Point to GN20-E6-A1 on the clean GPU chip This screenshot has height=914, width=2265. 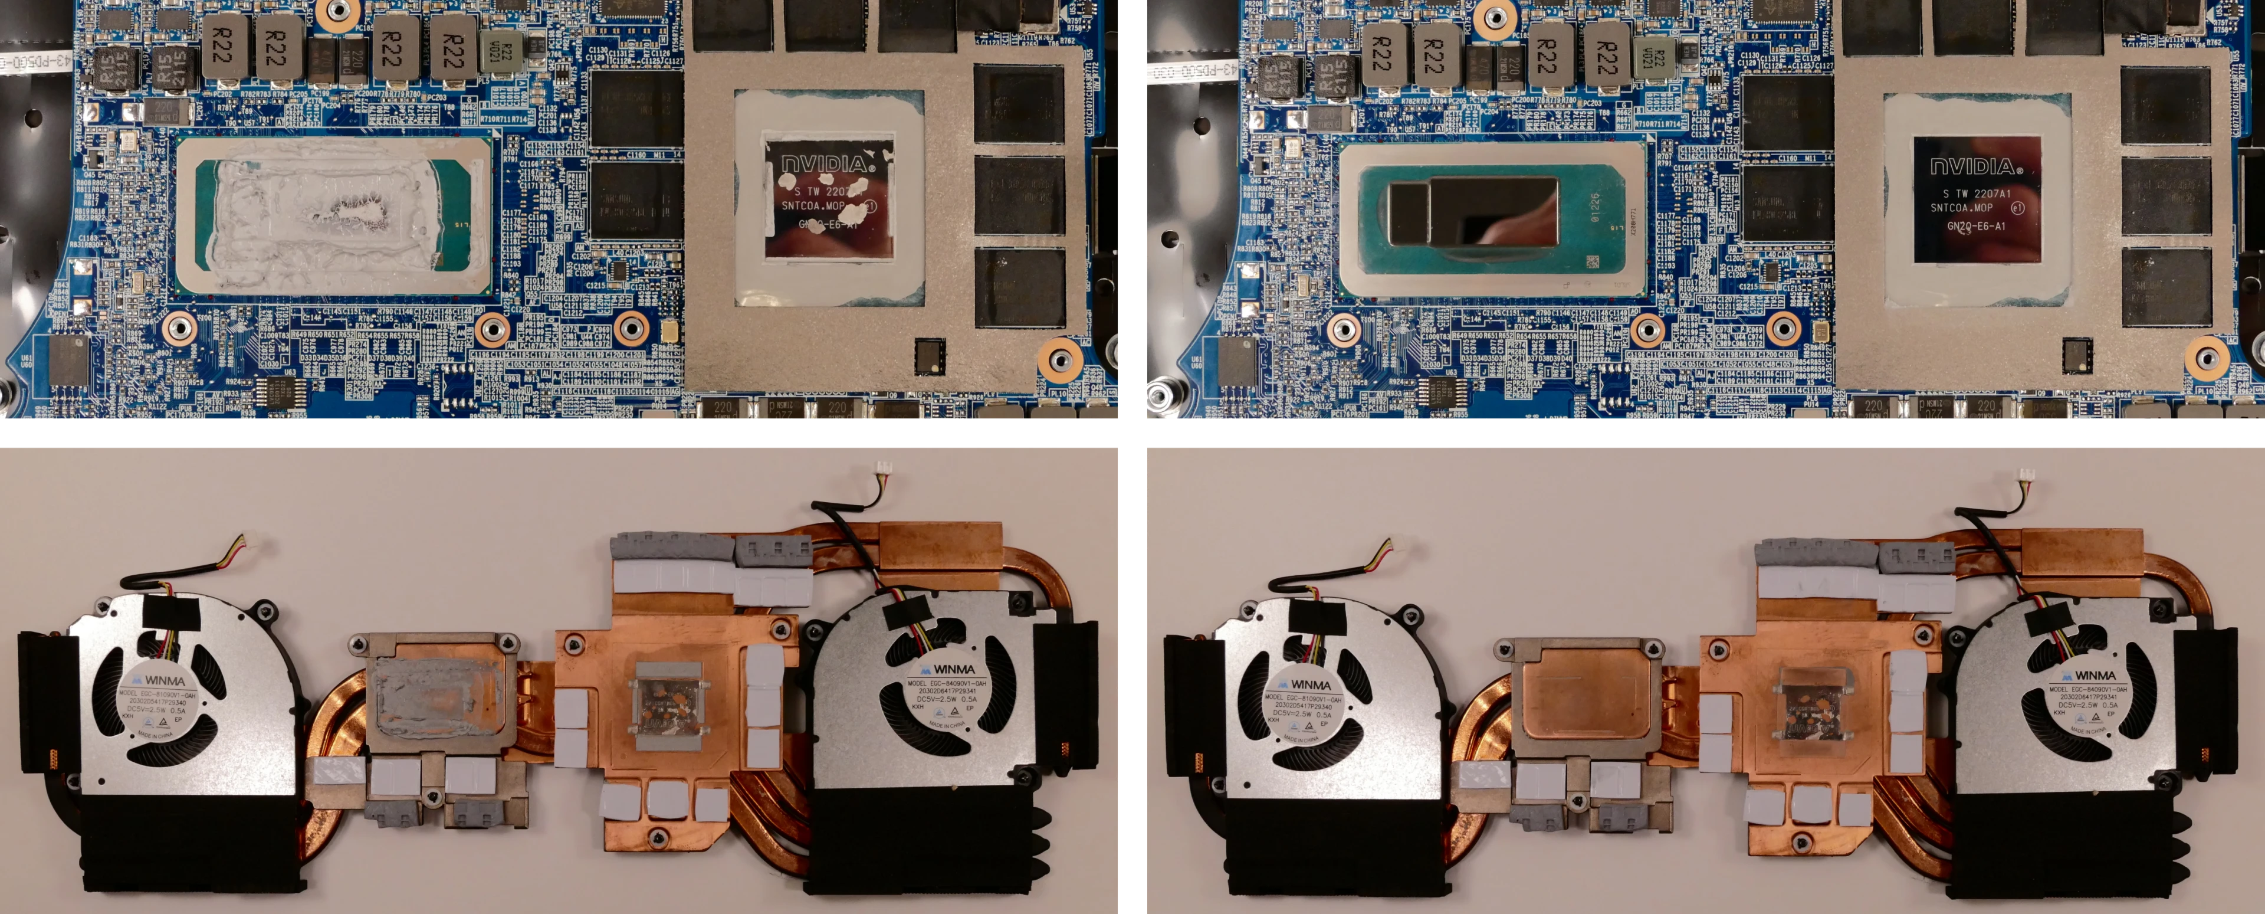[1976, 226]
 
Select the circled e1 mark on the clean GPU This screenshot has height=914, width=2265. [2018, 208]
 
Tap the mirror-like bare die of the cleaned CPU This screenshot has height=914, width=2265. [1473, 211]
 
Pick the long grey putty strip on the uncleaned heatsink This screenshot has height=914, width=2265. [672, 549]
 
